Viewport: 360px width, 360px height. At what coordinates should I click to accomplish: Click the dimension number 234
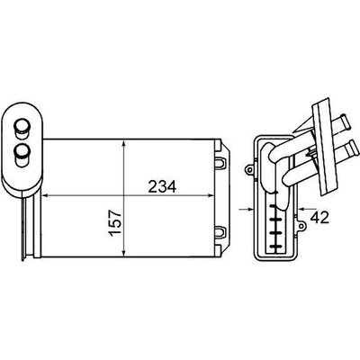click(162, 187)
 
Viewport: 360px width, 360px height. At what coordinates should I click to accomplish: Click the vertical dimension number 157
click(115, 223)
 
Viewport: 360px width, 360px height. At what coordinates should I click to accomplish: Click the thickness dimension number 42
click(319, 217)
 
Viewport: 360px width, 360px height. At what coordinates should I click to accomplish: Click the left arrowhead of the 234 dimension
click(45, 195)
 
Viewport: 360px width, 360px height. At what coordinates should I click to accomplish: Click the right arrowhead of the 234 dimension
click(210, 195)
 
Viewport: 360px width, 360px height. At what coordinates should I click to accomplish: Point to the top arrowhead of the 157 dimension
click(124, 144)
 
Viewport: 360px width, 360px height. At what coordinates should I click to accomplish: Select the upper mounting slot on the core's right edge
click(221, 163)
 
